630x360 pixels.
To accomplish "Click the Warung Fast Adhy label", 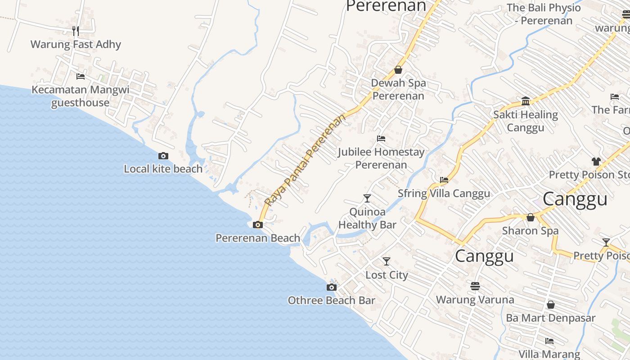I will tap(76, 45).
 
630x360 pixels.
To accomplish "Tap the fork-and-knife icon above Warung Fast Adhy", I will tap(76, 31).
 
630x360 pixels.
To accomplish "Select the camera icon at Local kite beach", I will tap(163, 156).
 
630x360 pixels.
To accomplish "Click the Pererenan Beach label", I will tap(258, 238).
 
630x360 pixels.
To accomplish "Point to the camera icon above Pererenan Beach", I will tap(258, 225).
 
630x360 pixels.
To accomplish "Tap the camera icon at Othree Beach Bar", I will tap(332, 287).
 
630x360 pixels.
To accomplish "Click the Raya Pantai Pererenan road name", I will tap(306, 160).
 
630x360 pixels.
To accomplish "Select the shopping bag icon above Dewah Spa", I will tap(398, 70).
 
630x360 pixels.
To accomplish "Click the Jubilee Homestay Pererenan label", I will tap(381, 158).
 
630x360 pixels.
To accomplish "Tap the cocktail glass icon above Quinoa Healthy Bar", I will tap(367, 198).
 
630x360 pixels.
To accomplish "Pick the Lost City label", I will tap(387, 275).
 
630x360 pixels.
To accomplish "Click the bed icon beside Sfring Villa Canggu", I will tap(444, 180).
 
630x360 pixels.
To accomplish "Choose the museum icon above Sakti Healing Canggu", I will tap(526, 100).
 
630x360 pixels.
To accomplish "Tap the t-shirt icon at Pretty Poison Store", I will tap(596, 161).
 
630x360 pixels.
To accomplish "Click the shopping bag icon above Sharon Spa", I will tap(531, 217).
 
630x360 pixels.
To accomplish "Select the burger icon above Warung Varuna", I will tap(475, 286).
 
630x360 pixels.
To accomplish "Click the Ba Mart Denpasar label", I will tap(550, 318).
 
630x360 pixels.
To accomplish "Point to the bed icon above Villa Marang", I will tap(549, 341).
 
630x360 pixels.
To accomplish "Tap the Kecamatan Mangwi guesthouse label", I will tap(80, 96).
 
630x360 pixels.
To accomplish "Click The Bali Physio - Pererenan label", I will tap(544, 14).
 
